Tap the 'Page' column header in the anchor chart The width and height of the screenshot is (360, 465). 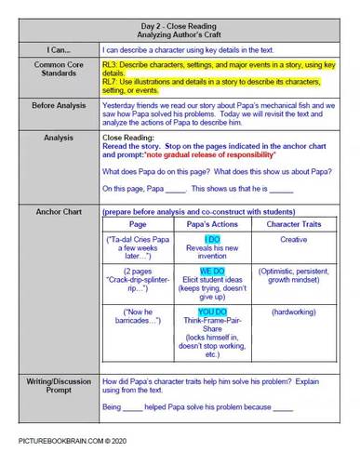click(138, 226)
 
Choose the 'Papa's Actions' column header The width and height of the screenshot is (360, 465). click(213, 226)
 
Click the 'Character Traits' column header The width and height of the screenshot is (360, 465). click(288, 226)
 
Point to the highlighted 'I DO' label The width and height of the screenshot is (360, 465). click(213, 239)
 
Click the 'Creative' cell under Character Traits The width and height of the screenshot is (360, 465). click(288, 240)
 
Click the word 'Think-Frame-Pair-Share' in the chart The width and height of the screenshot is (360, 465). click(213, 326)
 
